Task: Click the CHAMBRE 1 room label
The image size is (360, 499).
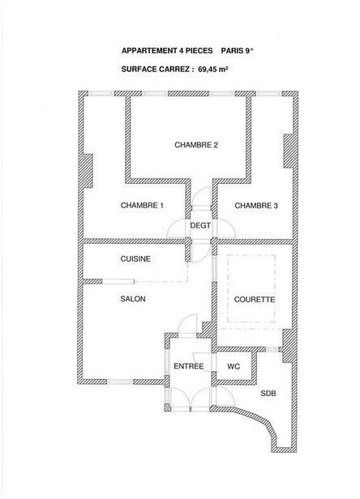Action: pyautogui.click(x=142, y=206)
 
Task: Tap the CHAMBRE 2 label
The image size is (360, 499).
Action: pyautogui.click(x=196, y=145)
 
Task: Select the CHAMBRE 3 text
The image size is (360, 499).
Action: pyautogui.click(x=256, y=206)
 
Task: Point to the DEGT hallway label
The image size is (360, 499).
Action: pyautogui.click(x=200, y=226)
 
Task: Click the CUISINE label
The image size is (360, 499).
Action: pyautogui.click(x=135, y=259)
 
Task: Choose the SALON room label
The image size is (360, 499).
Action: pyautogui.click(x=133, y=299)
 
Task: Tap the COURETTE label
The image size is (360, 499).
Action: pyautogui.click(x=255, y=300)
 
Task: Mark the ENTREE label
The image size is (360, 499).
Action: pyautogui.click(x=189, y=367)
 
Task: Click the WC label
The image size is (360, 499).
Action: pyautogui.click(x=234, y=367)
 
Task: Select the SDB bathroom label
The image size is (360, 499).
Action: pyautogui.click(x=268, y=394)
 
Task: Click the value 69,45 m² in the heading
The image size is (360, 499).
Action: pyautogui.click(x=212, y=70)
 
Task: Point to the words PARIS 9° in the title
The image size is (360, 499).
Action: pyautogui.click(x=237, y=50)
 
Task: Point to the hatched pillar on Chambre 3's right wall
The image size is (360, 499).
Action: pyautogui.click(x=289, y=151)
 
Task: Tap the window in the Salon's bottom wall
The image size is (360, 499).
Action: pyautogui.click(x=120, y=382)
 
